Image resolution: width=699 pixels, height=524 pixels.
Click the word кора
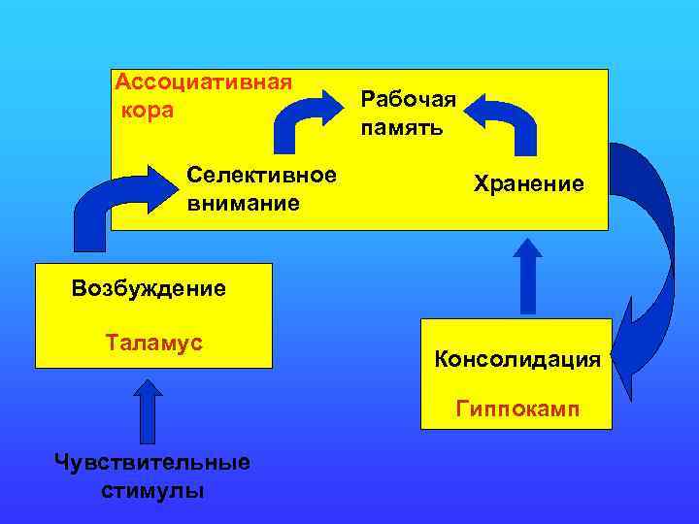[x=149, y=110]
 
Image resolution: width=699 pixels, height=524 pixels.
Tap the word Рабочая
[x=408, y=98]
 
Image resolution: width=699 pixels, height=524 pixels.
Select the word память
[x=401, y=127]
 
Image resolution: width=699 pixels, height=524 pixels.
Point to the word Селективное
[x=262, y=176]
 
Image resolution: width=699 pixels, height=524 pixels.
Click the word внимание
[x=243, y=205]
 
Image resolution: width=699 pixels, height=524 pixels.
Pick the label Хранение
[x=529, y=182]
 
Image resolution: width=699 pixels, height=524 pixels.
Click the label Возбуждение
[x=149, y=288]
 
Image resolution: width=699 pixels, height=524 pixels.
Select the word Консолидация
[x=517, y=360]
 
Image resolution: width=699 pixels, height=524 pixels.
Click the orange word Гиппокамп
[x=517, y=409]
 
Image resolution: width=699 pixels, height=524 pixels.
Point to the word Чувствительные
[x=152, y=462]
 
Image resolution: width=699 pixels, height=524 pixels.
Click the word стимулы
[x=152, y=490]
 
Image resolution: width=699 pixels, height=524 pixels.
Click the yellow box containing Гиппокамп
[x=516, y=375]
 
